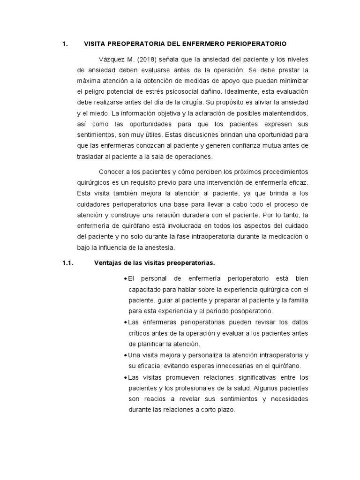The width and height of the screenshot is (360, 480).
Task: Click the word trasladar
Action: pyautogui.click(x=91, y=156)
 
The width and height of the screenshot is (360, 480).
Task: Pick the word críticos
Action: pyautogui.click(x=142, y=333)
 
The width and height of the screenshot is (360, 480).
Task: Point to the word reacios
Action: pyautogui.click(x=162, y=398)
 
